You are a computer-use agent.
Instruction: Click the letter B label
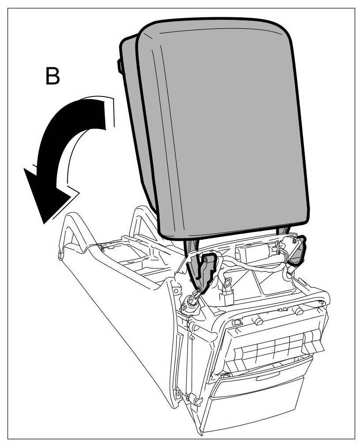click(x=53, y=77)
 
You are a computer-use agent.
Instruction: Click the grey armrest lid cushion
click(x=221, y=128)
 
